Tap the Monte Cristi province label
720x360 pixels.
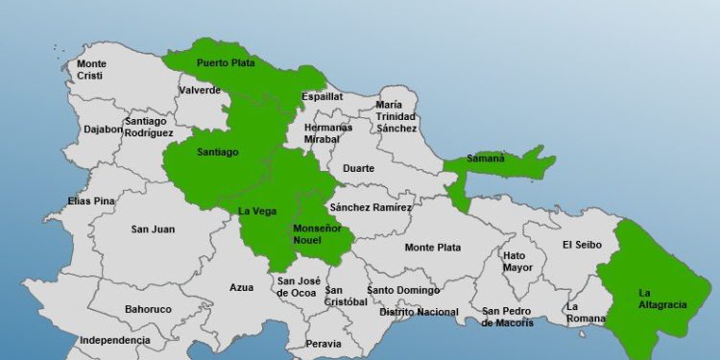click(92, 69)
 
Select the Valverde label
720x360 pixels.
click(200, 91)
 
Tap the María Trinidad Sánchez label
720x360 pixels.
click(396, 116)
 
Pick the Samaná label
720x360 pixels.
click(485, 158)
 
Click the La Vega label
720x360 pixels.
click(256, 211)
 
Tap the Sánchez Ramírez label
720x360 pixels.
click(370, 207)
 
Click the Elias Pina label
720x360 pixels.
click(91, 201)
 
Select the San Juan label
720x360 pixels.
click(153, 228)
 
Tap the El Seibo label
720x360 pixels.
click(582, 245)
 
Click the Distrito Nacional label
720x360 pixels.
click(419, 312)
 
